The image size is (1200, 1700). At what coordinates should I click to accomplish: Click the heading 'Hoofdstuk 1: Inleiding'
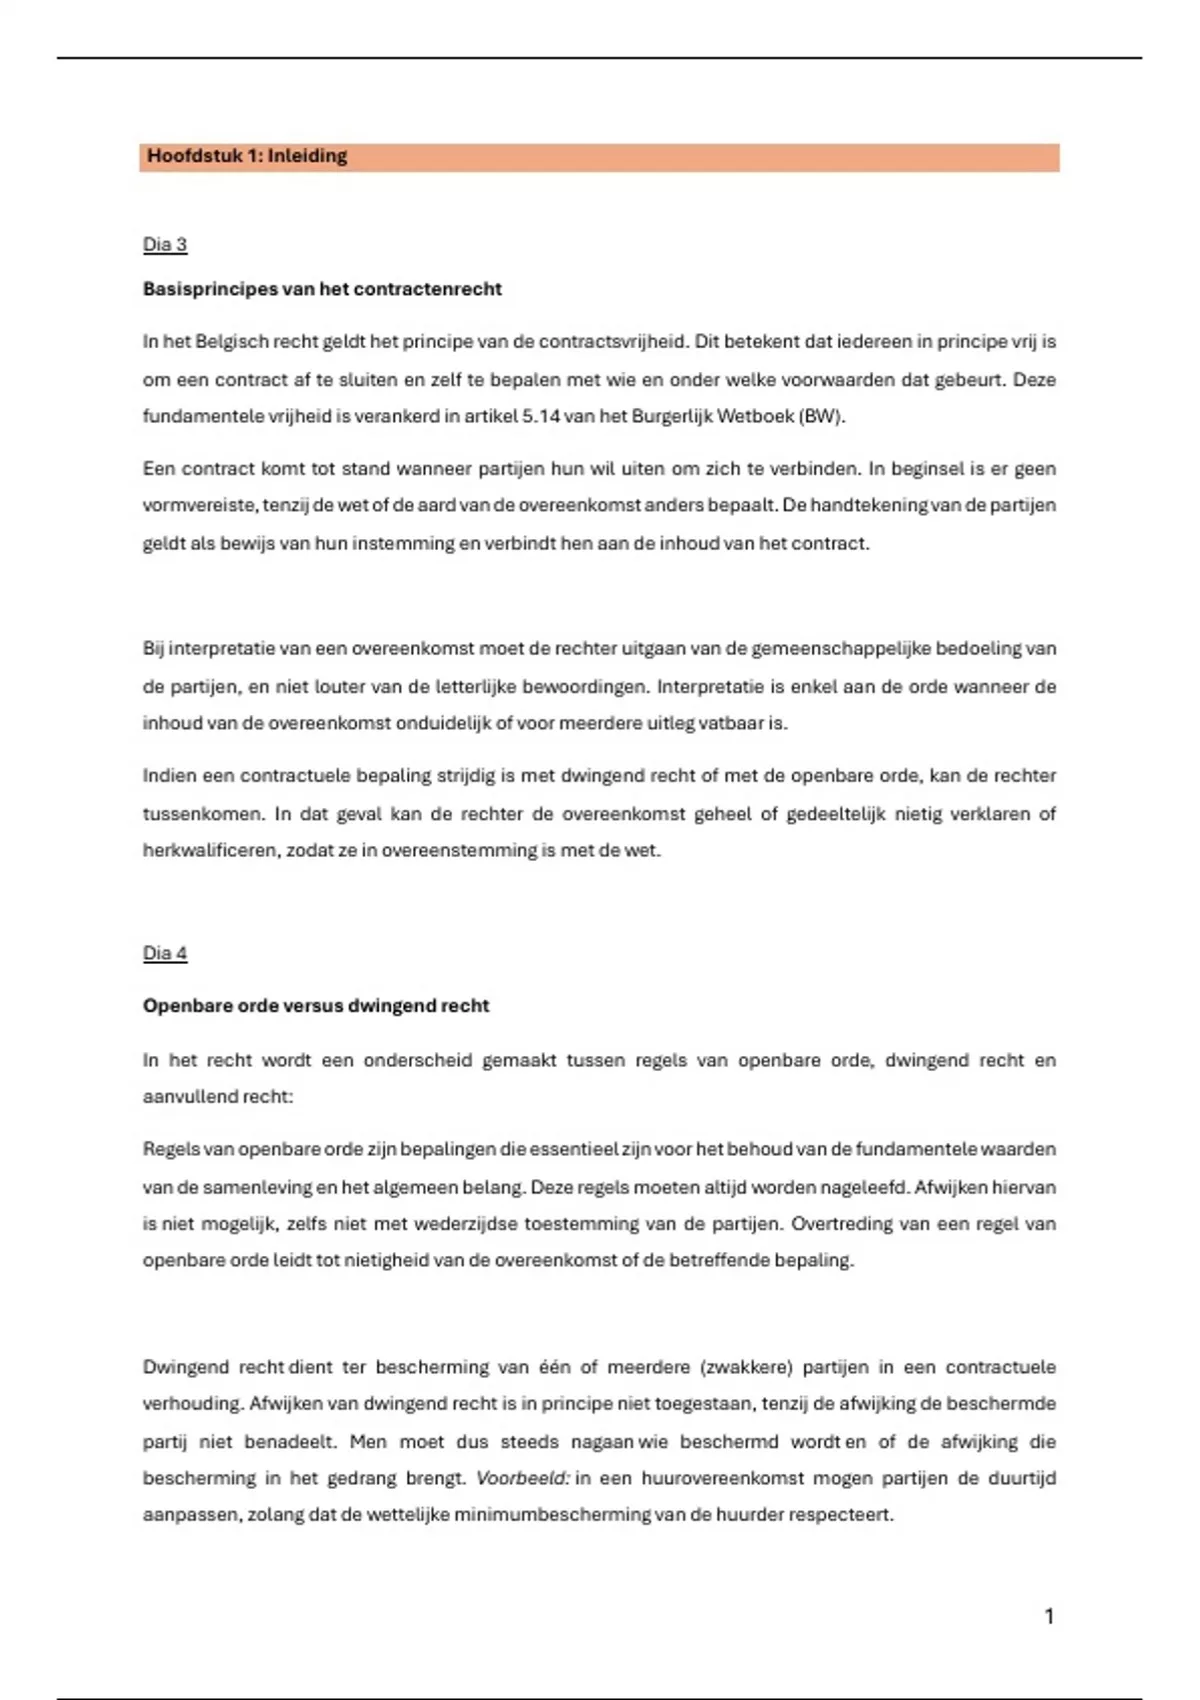(x=247, y=156)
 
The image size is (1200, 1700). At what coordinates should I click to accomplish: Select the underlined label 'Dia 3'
(x=165, y=245)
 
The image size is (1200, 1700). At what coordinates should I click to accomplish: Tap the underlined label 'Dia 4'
(x=165, y=953)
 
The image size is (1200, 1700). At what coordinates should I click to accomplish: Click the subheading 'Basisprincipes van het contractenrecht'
(x=322, y=289)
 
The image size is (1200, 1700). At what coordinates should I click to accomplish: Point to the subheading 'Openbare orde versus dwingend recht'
(x=316, y=1006)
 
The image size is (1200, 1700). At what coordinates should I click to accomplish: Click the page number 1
(x=1049, y=1616)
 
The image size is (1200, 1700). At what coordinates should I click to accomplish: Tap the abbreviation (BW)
(x=821, y=416)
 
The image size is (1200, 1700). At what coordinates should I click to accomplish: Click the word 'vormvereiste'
(x=199, y=505)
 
